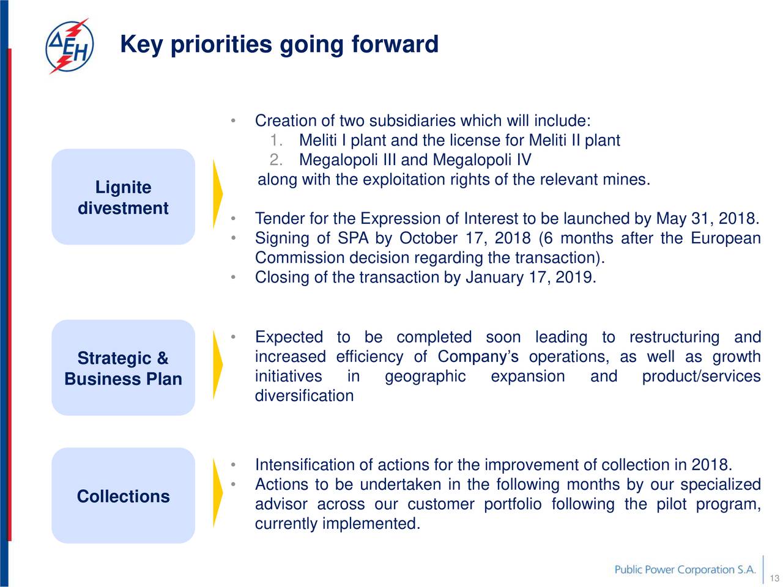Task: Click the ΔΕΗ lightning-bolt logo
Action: coord(69,46)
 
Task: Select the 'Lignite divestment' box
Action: coord(123,197)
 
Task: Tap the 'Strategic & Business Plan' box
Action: coord(123,367)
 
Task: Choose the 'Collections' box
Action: coord(123,495)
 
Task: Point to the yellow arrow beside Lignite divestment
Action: coord(217,194)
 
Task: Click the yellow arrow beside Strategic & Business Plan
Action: coord(217,365)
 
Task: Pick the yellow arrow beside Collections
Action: coord(217,493)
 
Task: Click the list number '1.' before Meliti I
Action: coord(276,140)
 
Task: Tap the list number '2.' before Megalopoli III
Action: coord(276,160)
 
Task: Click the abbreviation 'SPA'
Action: coord(353,238)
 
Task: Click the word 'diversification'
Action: coord(304,396)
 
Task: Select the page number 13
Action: coord(774,578)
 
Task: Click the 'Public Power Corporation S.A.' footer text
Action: coord(685,569)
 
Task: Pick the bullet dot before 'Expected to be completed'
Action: coord(233,336)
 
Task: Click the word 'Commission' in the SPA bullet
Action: coord(300,257)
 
